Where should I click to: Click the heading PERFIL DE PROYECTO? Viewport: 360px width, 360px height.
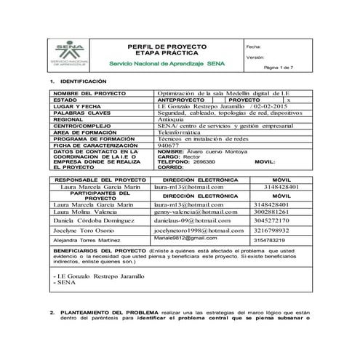click(167, 46)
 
